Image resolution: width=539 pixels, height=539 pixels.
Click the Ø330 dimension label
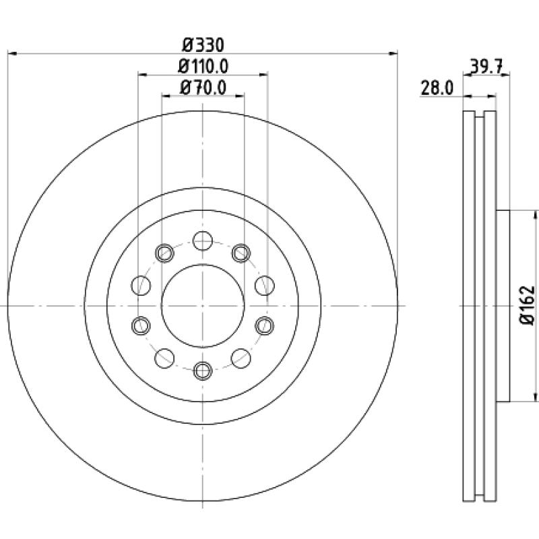(203, 45)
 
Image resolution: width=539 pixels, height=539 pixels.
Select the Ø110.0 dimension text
(203, 66)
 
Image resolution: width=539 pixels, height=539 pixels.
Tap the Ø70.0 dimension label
(203, 88)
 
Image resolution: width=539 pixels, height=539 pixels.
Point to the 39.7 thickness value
(486, 66)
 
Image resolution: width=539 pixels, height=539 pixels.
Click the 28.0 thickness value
(437, 88)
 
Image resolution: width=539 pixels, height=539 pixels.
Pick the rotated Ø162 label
(528, 305)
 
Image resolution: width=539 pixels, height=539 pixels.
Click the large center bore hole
(203, 306)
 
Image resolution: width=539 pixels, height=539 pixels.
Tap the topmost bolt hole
(203, 241)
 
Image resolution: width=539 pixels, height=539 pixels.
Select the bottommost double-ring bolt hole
(203, 371)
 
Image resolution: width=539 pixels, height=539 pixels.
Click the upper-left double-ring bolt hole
(164, 253)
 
